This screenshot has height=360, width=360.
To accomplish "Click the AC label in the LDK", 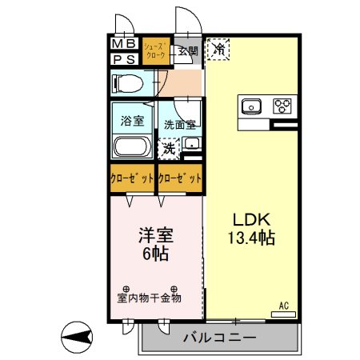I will coord(283,305).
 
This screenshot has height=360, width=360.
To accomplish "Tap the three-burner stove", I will coord(282,106).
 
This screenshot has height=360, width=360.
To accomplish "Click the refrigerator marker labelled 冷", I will coord(218,50).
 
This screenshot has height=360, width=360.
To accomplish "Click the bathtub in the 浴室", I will coord(130,147).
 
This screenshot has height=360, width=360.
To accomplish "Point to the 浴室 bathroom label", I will coord(132,122).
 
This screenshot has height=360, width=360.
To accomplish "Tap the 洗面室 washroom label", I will coord(180,125).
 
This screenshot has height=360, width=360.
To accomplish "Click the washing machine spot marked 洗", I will coord(169,147).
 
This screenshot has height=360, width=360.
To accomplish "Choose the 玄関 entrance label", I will coord(188,52).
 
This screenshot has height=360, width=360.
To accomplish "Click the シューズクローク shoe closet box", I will coord(155,51).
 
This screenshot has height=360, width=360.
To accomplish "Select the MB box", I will coord(123,43).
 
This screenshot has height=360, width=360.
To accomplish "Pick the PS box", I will coord(123,58).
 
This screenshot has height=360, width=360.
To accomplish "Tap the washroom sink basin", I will coord(191,144).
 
